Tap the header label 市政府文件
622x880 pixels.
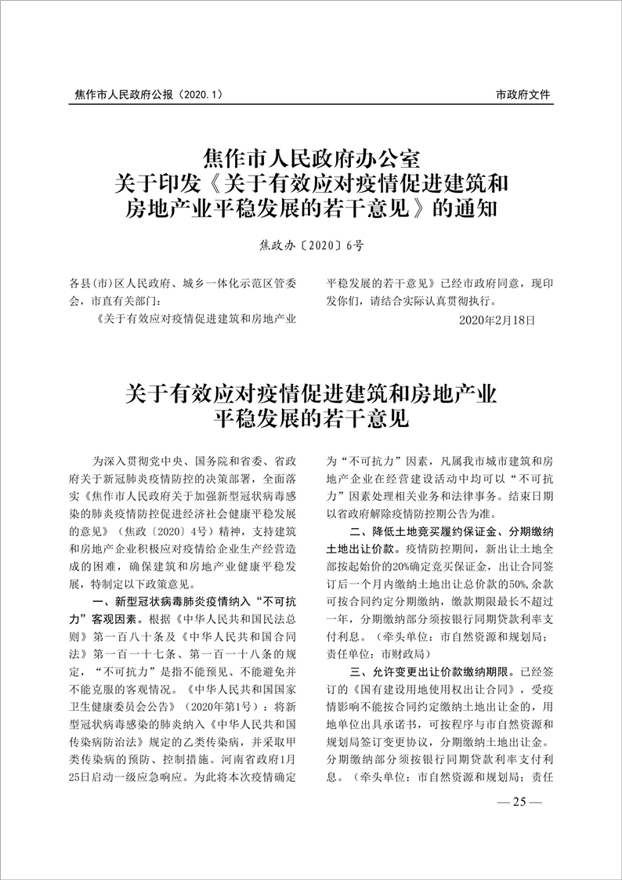(523, 95)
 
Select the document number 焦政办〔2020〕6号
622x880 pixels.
(311, 245)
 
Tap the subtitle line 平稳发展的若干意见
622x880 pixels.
(311, 418)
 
